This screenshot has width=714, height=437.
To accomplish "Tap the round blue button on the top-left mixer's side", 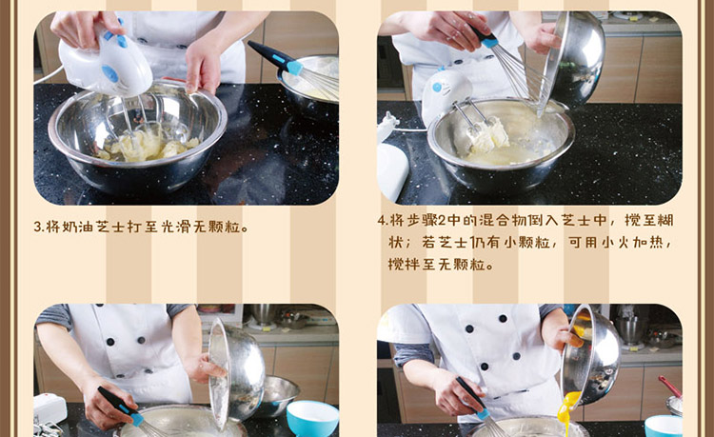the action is (109, 72).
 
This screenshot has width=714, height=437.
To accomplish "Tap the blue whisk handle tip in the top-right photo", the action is (490, 42).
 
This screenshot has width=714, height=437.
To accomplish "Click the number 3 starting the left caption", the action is (37, 227).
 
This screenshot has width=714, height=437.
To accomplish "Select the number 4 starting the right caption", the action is (382, 221).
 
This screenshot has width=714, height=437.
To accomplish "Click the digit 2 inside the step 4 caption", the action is (443, 221).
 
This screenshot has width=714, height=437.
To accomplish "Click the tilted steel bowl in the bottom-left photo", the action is (236, 373).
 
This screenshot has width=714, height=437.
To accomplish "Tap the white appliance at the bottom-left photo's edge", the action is (50, 409).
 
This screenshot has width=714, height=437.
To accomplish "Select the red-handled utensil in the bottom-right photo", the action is (670, 387).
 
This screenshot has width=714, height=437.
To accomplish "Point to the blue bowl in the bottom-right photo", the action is (663, 427).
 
